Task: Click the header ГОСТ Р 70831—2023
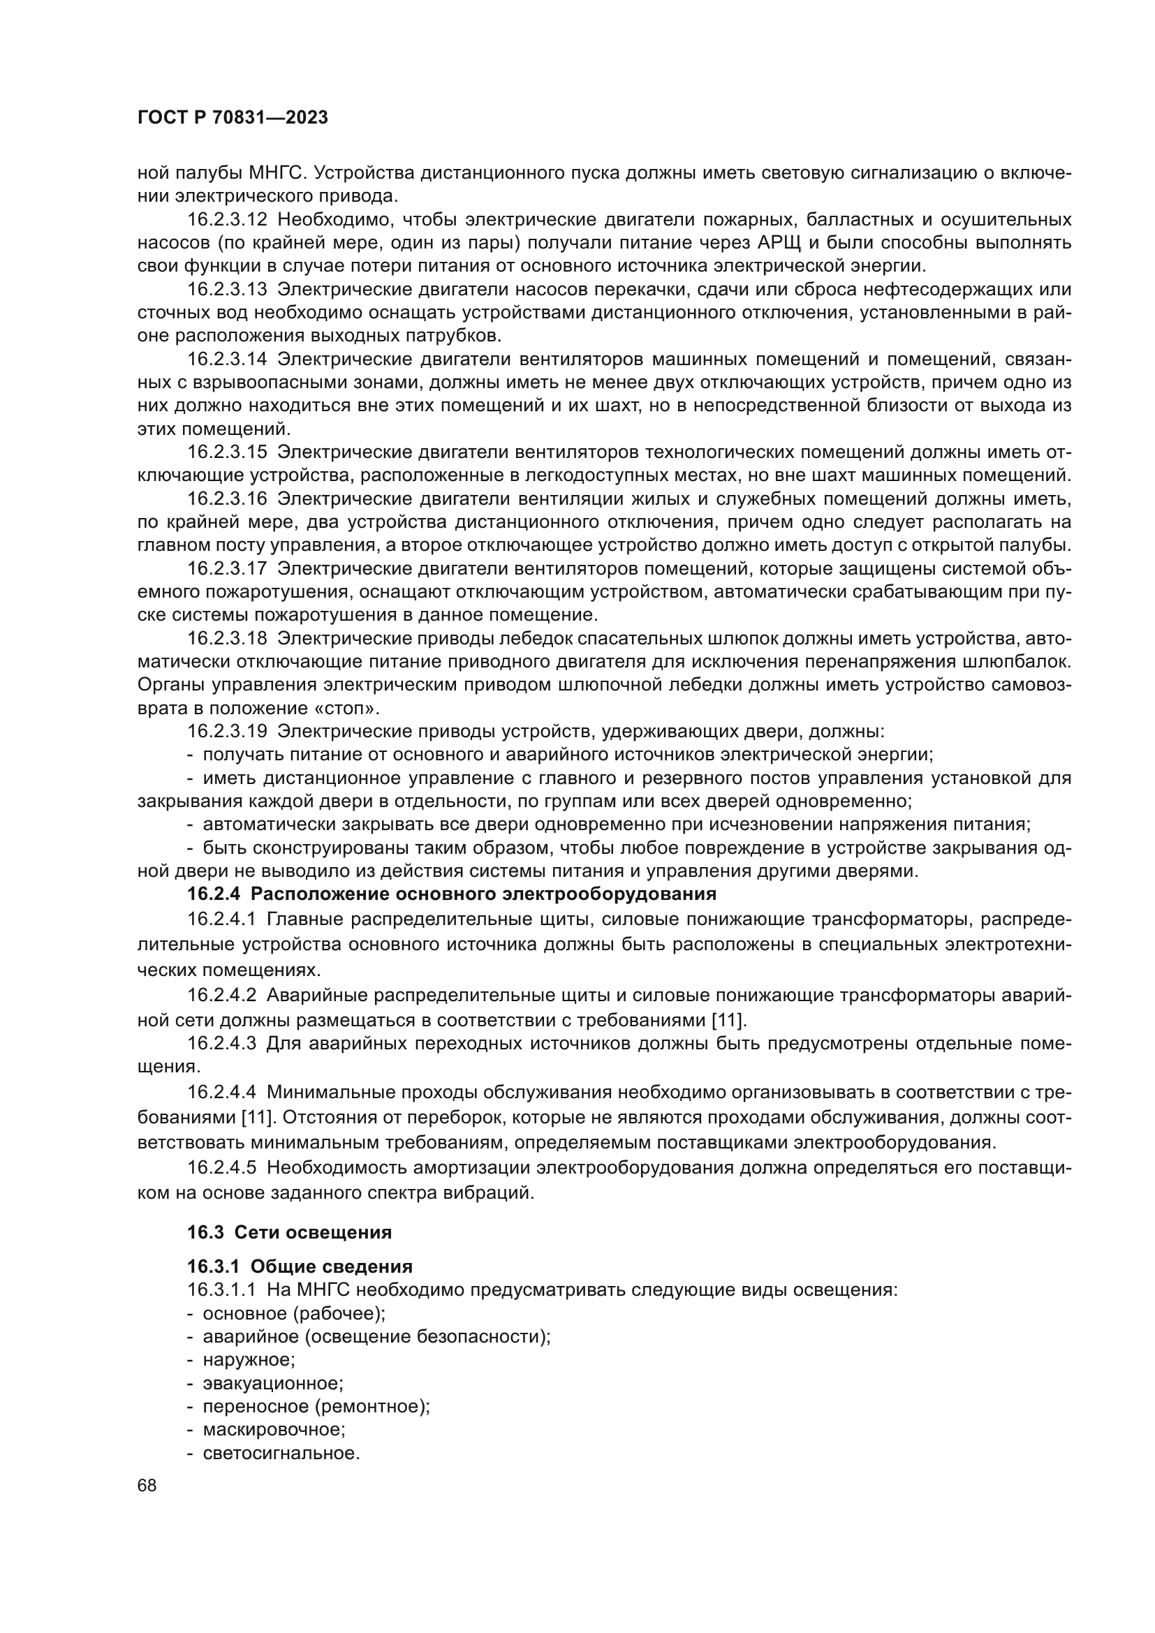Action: tap(233, 118)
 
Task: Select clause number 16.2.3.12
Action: tap(227, 220)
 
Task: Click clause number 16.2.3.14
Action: tap(227, 359)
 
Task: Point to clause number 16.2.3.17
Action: tap(227, 568)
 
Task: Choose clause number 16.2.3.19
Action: tap(227, 731)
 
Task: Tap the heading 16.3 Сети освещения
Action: tap(290, 1232)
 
